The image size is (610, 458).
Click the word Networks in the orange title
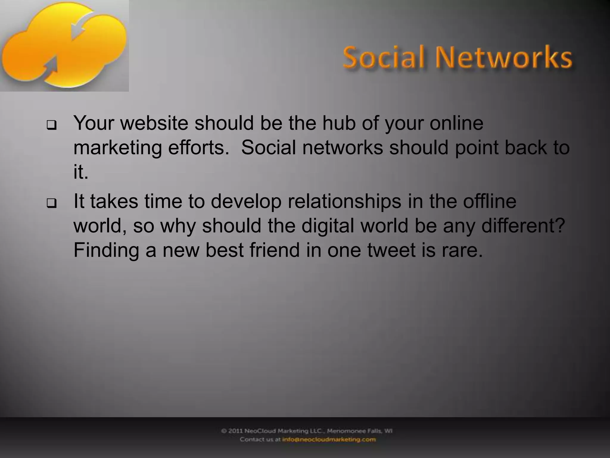pos(504,57)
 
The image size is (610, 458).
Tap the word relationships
pos(344,202)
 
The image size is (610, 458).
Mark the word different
pos(523,225)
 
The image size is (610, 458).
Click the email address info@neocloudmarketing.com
pos(329,439)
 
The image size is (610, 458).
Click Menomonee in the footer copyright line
pos(345,431)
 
